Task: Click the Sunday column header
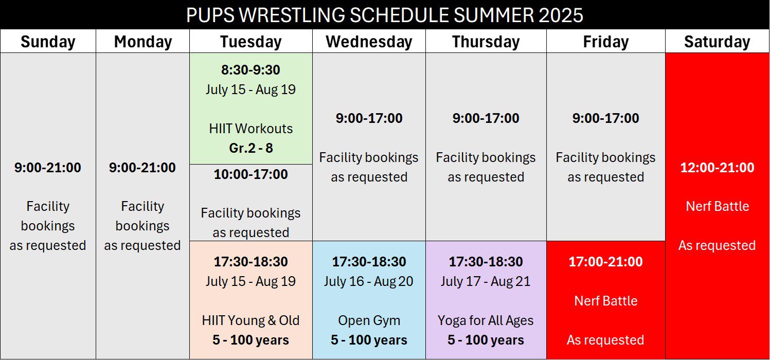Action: pos(48,42)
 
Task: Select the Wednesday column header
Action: pos(369,42)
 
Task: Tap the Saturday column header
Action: pos(717,42)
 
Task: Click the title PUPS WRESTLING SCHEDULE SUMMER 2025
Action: pos(385,15)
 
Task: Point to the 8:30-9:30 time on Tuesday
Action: pos(250,70)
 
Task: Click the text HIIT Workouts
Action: pos(250,129)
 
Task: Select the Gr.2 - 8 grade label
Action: pos(250,148)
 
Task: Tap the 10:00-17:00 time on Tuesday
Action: pos(250,174)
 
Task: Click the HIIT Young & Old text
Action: pos(250,320)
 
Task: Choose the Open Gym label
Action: pos(369,320)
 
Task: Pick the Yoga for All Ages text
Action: pos(486,320)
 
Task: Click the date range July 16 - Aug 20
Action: pos(368,281)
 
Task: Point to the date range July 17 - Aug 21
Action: pos(486,281)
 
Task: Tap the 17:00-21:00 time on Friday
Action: pos(606,262)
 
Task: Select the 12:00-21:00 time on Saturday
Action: pos(717,168)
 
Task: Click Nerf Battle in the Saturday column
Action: pos(717,206)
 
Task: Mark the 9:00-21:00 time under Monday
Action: pos(142,168)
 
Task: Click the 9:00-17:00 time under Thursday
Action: pos(486,118)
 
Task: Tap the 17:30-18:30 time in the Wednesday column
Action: pos(369,262)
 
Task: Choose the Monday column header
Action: pos(142,42)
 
